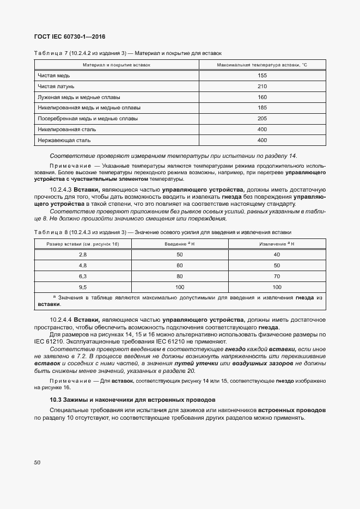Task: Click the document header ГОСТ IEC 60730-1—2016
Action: (70, 36)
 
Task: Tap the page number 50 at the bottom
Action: (38, 462)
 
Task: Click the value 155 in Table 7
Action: (262, 76)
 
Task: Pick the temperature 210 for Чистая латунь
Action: (262, 86)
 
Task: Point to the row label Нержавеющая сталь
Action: (60, 140)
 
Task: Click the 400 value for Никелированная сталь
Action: (262, 129)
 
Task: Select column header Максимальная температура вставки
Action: (262, 65)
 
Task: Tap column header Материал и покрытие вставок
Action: (116, 65)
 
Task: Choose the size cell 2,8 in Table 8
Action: (83, 255)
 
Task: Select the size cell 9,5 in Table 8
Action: (83, 286)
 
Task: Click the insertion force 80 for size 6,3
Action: (180, 276)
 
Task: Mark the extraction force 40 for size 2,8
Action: (277, 255)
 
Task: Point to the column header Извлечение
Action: (277, 244)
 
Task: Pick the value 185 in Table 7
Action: (262, 108)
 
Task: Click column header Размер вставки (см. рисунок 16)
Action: (83, 244)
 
